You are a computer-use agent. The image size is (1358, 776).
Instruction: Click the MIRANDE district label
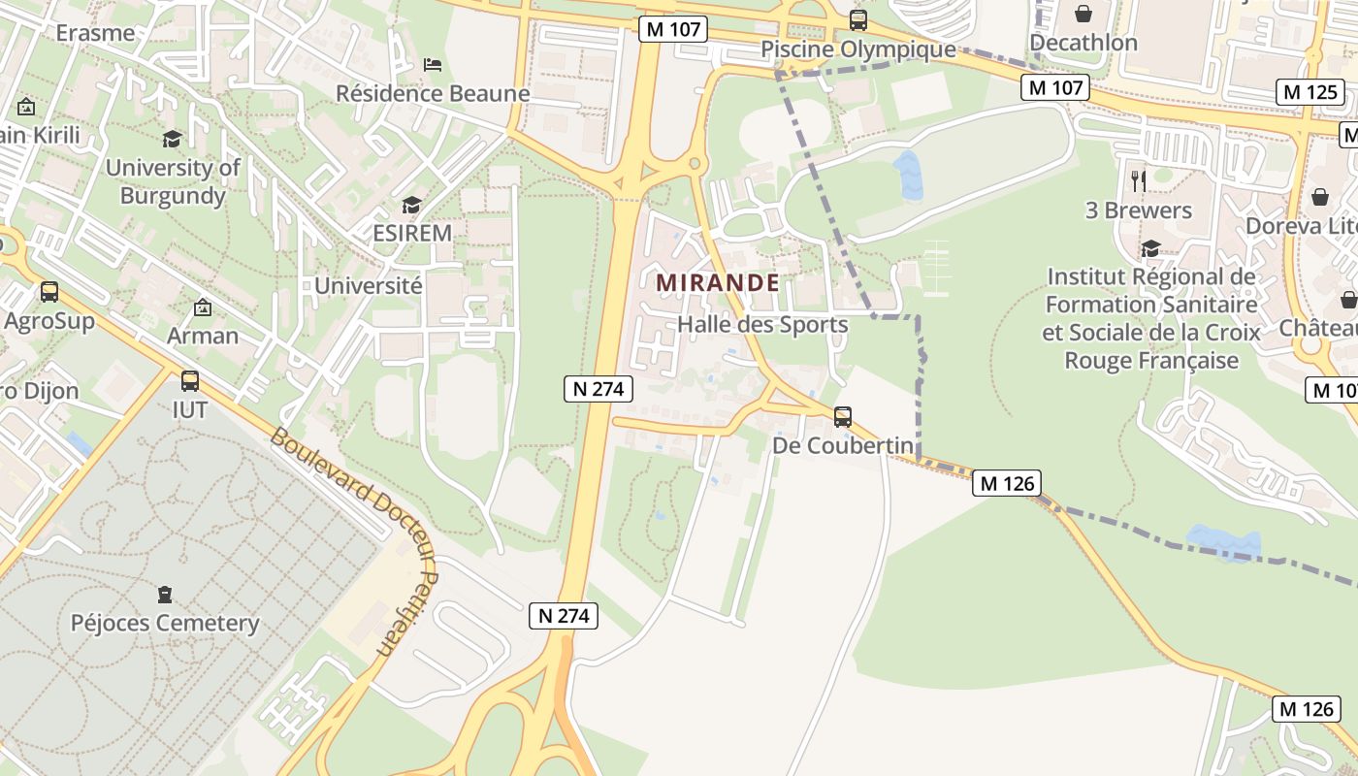(718, 283)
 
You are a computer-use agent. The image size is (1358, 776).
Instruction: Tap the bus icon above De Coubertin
(843, 417)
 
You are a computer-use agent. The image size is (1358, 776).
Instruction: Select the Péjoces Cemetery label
(165, 623)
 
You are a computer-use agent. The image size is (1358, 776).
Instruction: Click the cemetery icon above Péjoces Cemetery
(164, 593)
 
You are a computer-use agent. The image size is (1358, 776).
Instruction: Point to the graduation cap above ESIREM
(412, 205)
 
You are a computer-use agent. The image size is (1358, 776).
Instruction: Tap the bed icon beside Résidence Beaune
(433, 65)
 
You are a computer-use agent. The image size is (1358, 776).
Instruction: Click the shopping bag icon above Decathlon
(1083, 14)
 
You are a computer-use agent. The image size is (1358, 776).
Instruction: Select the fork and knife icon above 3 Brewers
(1138, 180)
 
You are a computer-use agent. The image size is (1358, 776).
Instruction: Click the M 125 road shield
(1309, 93)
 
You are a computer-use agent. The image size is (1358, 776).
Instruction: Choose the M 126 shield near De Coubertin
(1007, 483)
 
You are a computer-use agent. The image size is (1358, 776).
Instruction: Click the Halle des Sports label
(762, 325)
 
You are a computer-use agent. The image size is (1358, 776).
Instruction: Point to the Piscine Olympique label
(857, 49)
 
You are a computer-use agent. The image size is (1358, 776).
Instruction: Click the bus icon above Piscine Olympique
(857, 19)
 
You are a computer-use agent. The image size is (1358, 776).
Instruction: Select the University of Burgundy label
(173, 181)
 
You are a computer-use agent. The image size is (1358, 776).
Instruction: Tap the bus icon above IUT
(190, 380)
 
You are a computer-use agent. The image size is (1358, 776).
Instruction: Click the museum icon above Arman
(202, 307)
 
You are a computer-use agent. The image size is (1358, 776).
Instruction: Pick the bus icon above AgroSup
(48, 291)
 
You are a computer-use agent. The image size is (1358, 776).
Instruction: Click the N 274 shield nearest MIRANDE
(598, 390)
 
